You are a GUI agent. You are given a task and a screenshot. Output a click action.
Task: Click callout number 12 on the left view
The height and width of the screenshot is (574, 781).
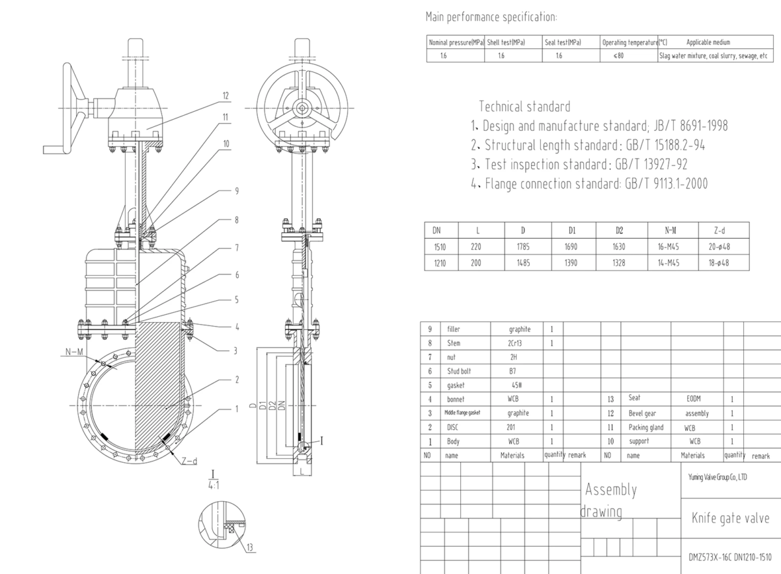tap(226, 96)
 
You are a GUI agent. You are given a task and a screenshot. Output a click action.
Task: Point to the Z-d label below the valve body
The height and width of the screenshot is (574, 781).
tap(189, 461)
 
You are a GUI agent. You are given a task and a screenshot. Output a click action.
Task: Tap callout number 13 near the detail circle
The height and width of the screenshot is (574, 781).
tap(251, 546)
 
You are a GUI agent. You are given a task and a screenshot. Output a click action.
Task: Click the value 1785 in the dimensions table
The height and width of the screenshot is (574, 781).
tap(523, 247)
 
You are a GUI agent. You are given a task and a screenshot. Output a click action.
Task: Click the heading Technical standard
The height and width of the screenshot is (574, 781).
tap(524, 106)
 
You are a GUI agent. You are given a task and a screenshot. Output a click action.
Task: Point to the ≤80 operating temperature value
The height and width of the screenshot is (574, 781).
tap(618, 56)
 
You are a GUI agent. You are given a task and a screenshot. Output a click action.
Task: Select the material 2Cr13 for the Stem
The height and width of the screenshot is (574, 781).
tap(519, 342)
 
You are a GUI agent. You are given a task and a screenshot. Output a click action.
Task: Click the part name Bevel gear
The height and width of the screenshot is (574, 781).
tap(641, 413)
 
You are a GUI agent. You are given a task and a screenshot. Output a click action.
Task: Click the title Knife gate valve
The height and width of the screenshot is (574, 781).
tap(730, 519)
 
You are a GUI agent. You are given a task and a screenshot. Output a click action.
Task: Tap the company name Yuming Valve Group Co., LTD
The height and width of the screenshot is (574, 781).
tap(717, 477)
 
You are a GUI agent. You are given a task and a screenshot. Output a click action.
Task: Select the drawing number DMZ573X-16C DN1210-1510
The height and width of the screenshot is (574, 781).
tap(730, 557)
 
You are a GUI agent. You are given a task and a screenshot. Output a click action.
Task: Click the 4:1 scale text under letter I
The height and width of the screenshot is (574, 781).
tap(213, 485)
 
